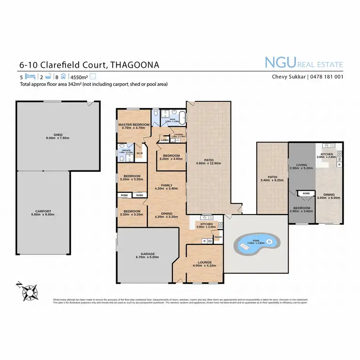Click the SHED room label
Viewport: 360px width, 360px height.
click(58, 135)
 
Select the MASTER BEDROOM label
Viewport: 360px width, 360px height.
click(134, 124)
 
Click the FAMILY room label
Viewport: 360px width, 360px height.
click(167, 185)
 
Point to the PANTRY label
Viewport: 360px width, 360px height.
click(218, 237)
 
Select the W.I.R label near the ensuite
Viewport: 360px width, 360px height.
click(140, 154)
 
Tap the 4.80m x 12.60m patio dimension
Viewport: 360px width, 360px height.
click(209, 162)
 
